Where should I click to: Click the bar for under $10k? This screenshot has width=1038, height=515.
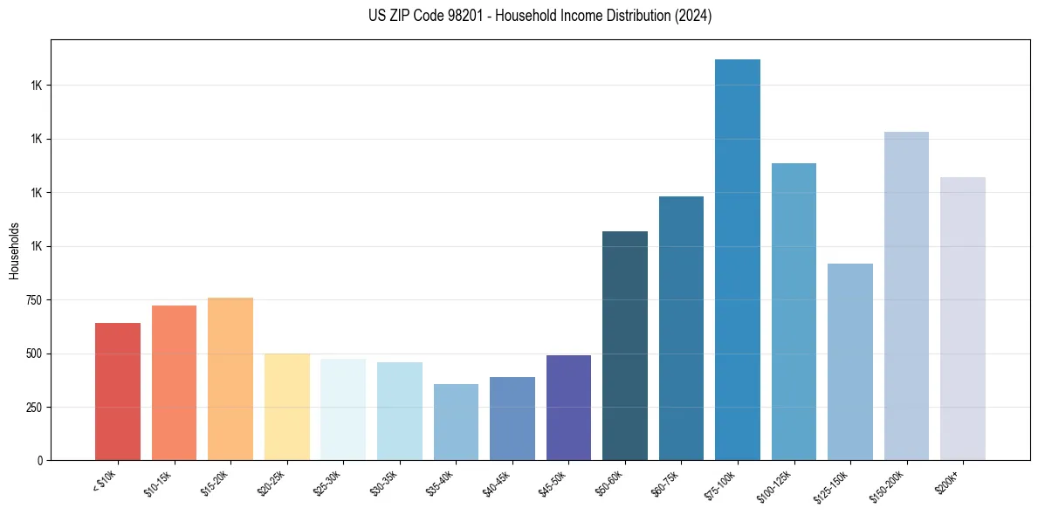[x=118, y=392]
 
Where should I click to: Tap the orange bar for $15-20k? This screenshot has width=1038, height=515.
[x=230, y=379]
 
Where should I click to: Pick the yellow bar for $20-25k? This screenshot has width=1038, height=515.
[x=286, y=407]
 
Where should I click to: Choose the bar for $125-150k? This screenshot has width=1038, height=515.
[x=850, y=362]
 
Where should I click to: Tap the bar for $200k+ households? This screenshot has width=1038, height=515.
[x=963, y=319]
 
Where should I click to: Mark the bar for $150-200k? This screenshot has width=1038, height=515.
[x=906, y=296]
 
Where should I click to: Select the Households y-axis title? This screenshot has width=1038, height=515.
[x=14, y=251]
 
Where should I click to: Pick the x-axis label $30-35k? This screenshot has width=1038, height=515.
[x=383, y=481]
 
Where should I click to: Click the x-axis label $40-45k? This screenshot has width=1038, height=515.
[x=496, y=481]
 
